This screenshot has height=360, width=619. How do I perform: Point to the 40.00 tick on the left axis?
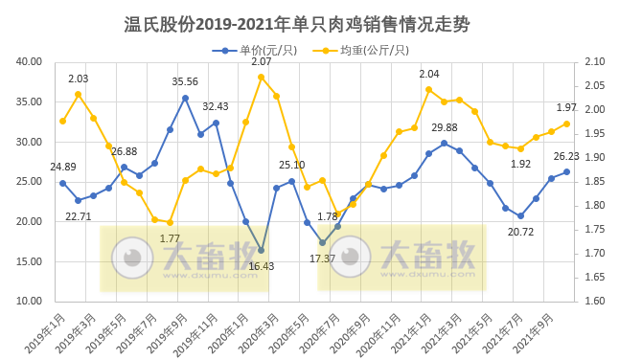(30, 62)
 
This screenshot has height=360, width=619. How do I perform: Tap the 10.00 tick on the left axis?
(30, 302)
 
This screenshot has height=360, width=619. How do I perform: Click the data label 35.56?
(185, 81)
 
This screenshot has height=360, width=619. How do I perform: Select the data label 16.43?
(261, 266)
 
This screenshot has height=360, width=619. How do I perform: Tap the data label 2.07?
(261, 61)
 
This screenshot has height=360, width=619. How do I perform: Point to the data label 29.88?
(444, 127)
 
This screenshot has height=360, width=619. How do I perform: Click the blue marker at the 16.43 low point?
(261, 250)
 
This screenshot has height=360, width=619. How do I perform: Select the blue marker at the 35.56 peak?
(185, 98)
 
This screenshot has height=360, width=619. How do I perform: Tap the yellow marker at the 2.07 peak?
(261, 77)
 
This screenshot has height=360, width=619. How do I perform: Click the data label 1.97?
(566, 107)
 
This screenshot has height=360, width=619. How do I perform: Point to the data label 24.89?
(63, 167)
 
